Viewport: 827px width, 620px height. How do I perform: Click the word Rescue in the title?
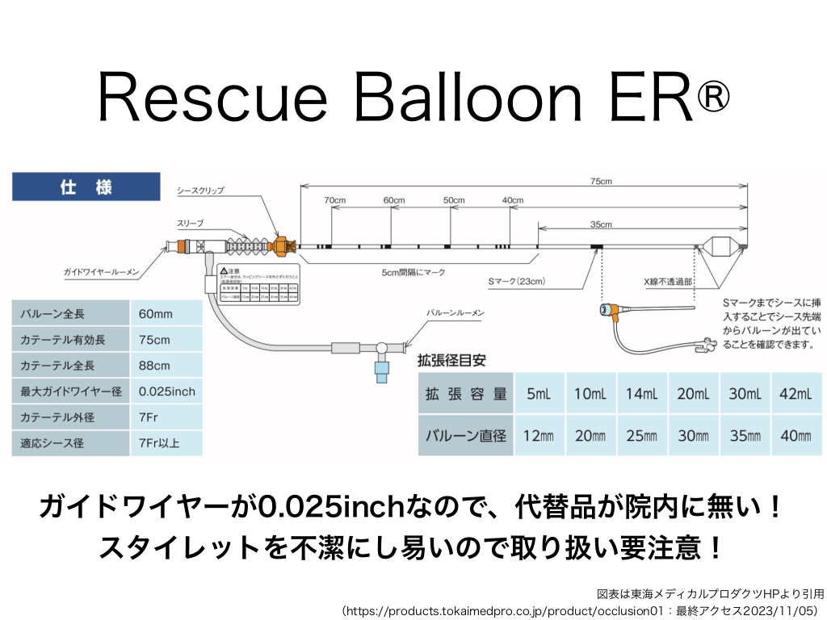point(212,98)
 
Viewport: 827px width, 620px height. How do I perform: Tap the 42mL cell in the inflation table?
point(796,394)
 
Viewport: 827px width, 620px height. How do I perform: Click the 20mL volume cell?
point(693,394)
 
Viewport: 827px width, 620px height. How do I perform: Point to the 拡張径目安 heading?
point(451,358)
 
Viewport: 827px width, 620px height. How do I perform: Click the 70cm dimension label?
point(335,199)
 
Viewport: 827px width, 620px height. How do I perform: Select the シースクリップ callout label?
point(200,191)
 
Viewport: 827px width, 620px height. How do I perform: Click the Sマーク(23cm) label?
point(517,282)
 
